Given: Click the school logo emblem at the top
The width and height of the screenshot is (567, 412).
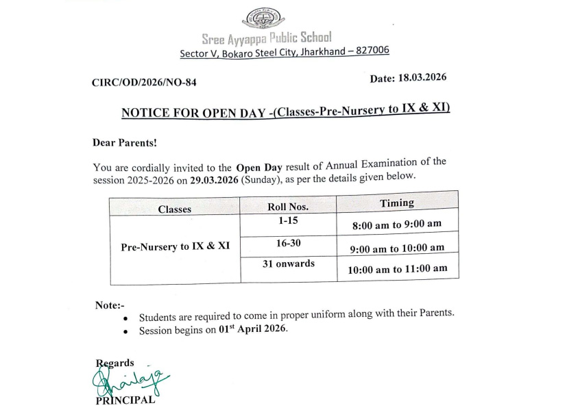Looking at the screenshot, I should [x=265, y=18].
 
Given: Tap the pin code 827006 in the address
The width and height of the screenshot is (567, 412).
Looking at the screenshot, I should [x=370, y=51].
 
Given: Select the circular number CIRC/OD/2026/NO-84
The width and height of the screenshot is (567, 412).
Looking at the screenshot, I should [x=148, y=83].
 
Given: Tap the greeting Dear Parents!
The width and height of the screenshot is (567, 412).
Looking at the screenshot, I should [x=125, y=143].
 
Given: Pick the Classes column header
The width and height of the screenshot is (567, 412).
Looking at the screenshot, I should [x=175, y=209].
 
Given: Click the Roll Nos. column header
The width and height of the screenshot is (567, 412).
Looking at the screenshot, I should [x=288, y=206].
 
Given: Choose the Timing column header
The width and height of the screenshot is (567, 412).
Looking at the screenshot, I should [x=397, y=203].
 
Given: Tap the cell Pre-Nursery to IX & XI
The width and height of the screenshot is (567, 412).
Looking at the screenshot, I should [x=175, y=247].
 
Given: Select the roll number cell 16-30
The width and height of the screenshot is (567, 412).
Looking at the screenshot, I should [x=288, y=243].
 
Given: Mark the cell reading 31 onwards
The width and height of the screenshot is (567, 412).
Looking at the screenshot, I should [x=288, y=263].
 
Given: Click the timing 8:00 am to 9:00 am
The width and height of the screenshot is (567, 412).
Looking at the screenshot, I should [x=397, y=225].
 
